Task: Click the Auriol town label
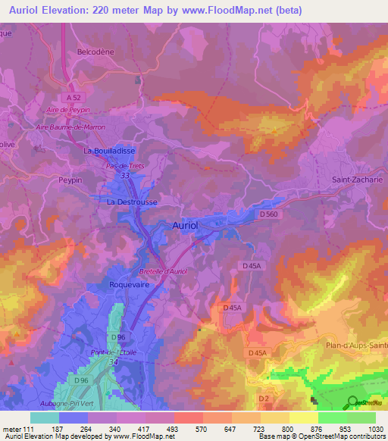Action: click(186, 226)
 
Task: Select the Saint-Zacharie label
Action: click(358, 180)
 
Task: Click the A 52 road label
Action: click(74, 98)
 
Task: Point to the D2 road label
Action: click(263, 399)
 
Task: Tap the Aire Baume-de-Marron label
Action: click(70, 127)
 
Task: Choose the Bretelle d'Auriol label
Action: click(163, 271)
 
